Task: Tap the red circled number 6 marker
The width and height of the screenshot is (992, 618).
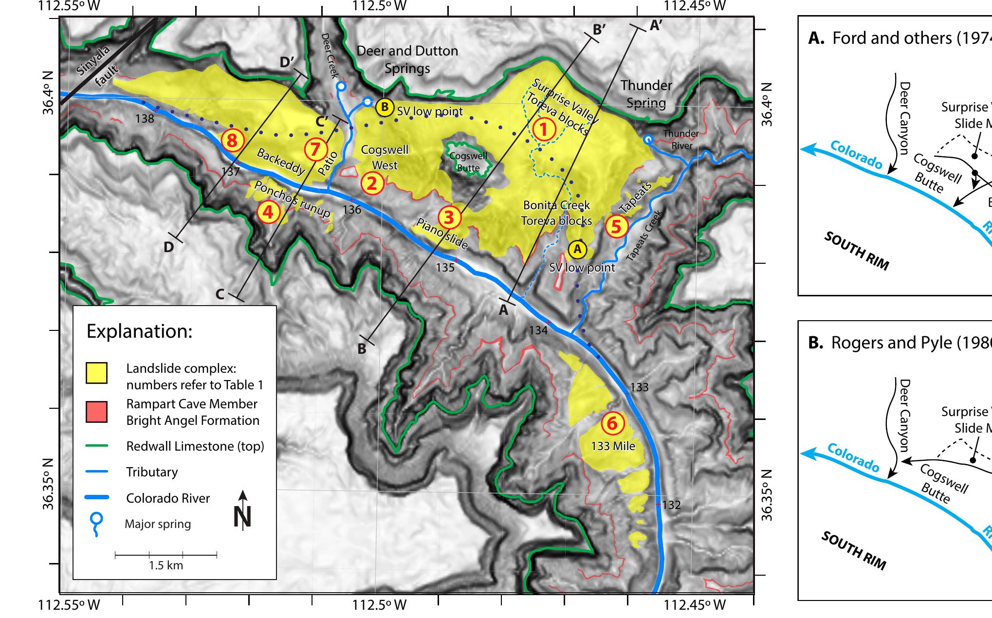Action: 612,423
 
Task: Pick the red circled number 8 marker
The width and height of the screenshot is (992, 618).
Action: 232,141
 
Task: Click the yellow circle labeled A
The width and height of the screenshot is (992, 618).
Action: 577,249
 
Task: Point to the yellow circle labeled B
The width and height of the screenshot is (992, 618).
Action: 385,107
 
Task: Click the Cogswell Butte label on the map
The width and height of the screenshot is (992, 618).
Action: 468,162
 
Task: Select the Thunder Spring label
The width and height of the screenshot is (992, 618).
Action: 646,94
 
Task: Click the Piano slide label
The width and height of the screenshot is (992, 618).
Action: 442,234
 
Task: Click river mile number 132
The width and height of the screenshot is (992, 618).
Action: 671,505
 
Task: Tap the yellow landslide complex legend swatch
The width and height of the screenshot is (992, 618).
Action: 96,373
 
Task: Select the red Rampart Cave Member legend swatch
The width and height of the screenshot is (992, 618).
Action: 96,412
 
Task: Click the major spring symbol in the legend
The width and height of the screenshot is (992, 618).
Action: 97,523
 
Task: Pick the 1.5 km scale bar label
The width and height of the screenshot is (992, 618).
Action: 166,565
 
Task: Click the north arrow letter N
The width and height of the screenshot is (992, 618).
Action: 242,517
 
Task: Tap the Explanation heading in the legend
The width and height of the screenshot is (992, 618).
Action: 140,331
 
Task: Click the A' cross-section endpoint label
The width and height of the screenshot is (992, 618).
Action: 656,25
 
